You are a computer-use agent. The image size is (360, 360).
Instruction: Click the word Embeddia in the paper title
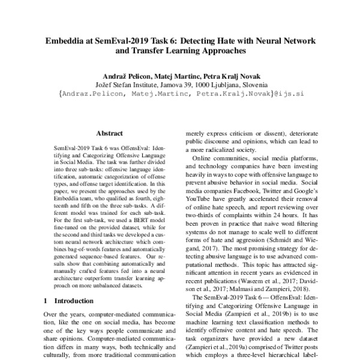click(67, 42)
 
